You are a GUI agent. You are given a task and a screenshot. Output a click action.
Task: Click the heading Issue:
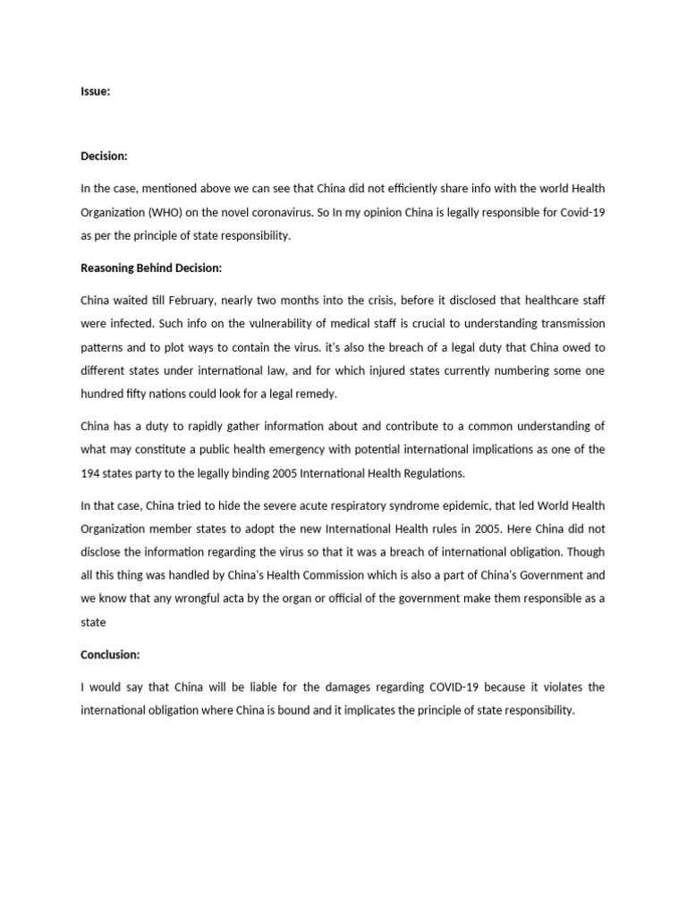tap(95, 91)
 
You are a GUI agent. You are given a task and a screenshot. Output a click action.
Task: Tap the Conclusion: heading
tap(110, 655)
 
